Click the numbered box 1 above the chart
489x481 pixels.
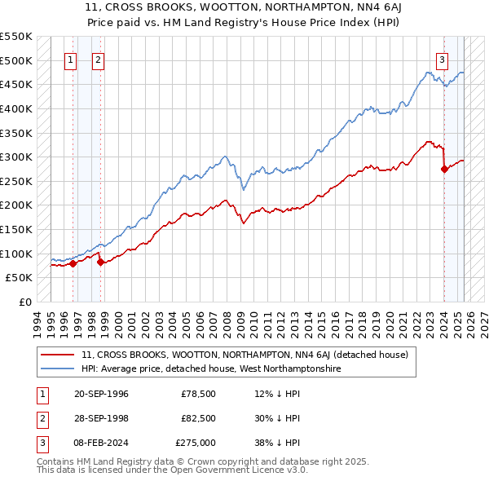[x=71, y=60]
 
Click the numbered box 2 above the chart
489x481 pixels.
[x=98, y=60]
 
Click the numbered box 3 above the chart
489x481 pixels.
[x=442, y=60]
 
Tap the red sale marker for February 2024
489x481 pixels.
[x=444, y=170]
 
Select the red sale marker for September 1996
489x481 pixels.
[x=73, y=263]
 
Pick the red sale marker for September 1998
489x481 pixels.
[x=100, y=262]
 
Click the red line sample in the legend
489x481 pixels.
[x=59, y=355]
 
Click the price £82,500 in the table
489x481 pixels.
[x=198, y=418]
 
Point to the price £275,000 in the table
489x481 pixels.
[x=196, y=443]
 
